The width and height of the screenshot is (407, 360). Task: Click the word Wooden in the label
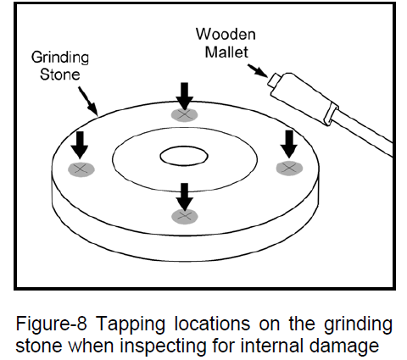[226, 34]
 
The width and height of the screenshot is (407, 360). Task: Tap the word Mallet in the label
[226, 52]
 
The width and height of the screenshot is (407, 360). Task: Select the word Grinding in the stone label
[60, 58]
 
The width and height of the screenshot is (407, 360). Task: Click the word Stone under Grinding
[59, 75]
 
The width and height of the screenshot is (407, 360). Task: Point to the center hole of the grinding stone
[184, 156]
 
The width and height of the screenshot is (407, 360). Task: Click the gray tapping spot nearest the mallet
[289, 169]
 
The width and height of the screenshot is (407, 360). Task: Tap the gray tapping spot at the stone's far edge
[184, 114]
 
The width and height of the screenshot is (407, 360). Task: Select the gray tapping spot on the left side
[81, 169]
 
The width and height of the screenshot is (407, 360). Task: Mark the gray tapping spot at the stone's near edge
[185, 217]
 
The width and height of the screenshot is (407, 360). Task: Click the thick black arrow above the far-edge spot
[184, 96]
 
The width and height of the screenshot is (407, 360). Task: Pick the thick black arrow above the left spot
[80, 145]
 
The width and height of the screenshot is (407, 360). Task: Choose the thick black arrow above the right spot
[288, 144]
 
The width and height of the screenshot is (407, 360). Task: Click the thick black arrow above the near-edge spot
[185, 197]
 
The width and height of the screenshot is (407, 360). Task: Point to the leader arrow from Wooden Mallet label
[258, 70]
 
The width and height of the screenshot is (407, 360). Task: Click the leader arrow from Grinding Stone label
[88, 102]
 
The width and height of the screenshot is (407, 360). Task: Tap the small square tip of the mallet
[274, 80]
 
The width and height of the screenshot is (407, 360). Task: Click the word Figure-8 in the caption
[51, 324]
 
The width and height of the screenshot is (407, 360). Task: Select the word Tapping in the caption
[131, 325]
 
